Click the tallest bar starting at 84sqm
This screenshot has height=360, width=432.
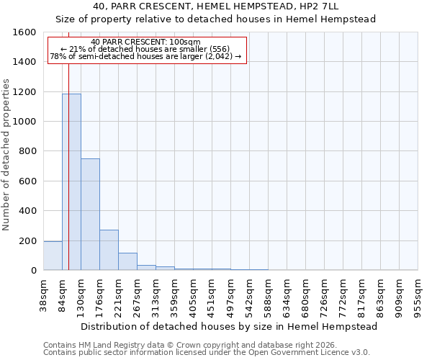click(71, 182)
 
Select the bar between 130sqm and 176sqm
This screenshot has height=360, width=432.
click(90, 215)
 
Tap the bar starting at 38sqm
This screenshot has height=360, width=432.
click(53, 256)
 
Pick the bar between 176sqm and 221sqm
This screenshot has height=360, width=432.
click(109, 250)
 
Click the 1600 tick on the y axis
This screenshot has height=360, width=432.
click(24, 32)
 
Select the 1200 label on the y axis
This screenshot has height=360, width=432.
click(24, 92)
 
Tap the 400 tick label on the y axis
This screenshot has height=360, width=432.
click(27, 211)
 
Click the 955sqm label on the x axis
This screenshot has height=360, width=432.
click(418, 295)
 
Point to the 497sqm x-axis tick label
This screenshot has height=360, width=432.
click(230, 295)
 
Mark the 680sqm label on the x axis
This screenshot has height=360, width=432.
click(305, 295)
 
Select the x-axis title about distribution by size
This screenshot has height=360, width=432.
click(229, 326)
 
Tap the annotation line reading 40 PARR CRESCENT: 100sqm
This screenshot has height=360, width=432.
click(146, 42)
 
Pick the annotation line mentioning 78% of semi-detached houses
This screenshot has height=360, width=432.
click(146, 56)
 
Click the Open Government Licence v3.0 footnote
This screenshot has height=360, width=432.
click(207, 353)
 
